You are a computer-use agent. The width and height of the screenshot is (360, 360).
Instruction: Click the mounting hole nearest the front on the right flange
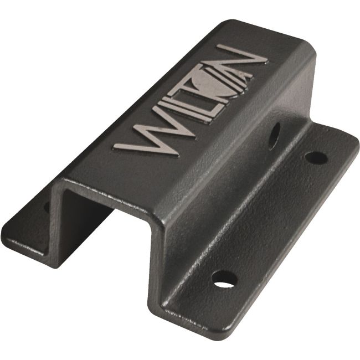point(224,279)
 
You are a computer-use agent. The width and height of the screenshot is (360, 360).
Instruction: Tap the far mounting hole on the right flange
point(316,157)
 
